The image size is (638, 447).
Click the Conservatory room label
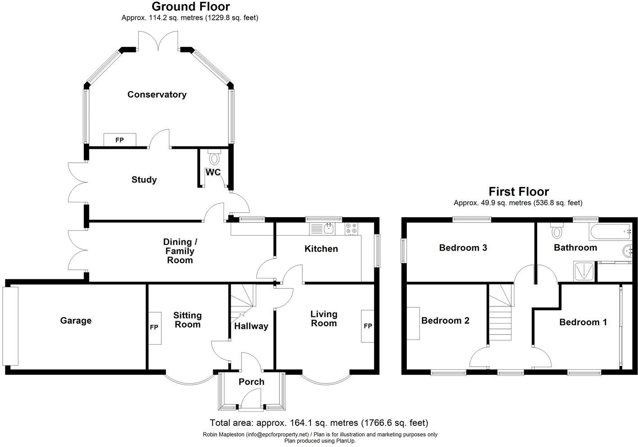coord(157,94)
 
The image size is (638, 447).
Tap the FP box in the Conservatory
coord(120,140)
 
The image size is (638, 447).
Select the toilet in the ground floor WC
coord(213,157)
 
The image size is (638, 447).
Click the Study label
coord(144,180)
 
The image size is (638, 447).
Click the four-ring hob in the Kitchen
coord(351,229)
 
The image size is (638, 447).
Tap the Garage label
coord(76,320)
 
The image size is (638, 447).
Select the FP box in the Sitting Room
coord(155,328)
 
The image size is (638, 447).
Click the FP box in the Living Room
coord(368,326)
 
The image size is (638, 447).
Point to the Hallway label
coord(251,326)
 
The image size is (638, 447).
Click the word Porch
coord(251,382)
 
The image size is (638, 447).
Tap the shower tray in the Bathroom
coord(583,271)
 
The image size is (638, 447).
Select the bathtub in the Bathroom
coord(611,232)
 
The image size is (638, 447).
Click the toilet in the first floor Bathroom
coord(556,230)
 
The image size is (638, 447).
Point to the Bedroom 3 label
coord(463,248)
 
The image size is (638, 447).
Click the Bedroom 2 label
coord(445,320)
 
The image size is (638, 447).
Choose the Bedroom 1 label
coord(583,322)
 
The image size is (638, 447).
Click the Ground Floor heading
coord(191,7)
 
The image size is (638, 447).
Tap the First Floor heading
coord(519,192)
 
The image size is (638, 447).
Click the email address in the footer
coord(278,435)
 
